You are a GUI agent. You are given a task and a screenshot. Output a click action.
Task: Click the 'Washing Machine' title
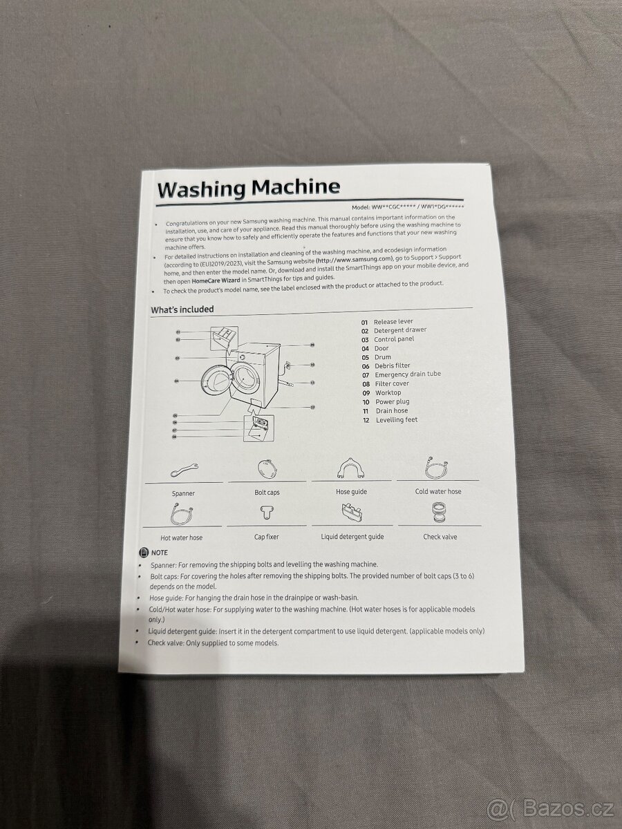tap(249, 189)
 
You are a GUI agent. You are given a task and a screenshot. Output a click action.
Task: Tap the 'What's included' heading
tap(182, 309)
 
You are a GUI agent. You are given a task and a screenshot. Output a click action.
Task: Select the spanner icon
tap(185, 470)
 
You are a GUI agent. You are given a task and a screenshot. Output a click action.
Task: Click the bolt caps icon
tap(267, 468)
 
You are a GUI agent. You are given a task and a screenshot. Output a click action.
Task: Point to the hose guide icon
tap(350, 468)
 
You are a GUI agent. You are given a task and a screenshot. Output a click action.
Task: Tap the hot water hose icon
tap(182, 514)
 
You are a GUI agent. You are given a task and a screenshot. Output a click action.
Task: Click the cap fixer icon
tap(267, 513)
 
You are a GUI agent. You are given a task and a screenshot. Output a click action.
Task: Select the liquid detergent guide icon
tap(352, 513)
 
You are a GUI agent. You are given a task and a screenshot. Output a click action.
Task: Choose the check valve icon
tap(439, 512)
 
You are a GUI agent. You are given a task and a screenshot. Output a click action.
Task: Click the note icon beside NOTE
tap(144, 553)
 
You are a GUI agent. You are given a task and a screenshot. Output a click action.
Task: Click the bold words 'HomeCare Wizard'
tap(216, 280)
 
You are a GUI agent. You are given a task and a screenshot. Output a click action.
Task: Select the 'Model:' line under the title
tap(408, 207)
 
